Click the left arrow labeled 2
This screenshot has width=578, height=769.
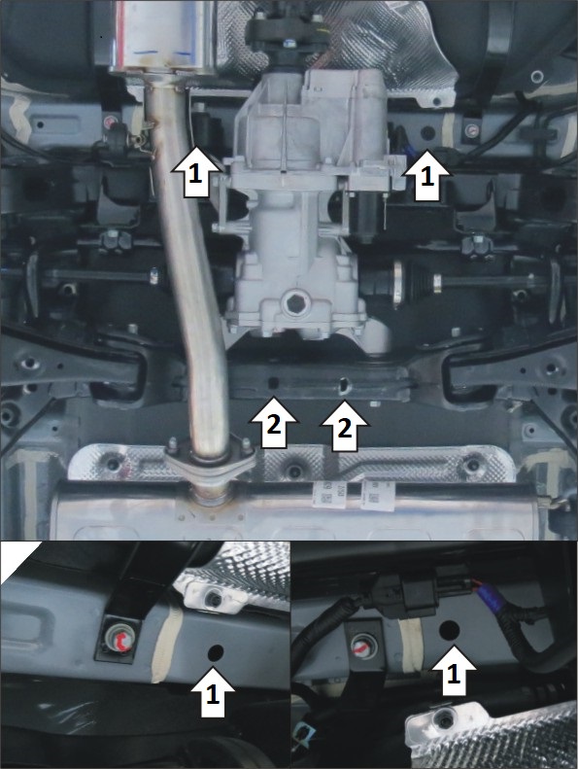(273, 423)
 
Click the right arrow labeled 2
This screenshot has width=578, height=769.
(344, 426)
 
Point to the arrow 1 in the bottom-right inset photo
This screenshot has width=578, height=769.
(454, 671)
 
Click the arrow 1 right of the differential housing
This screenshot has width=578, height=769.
(426, 175)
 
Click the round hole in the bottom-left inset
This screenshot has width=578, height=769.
(216, 652)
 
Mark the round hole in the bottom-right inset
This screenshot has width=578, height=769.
(449, 629)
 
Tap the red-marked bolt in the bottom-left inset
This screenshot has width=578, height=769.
(119, 641)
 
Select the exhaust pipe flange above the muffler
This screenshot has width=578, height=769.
(210, 459)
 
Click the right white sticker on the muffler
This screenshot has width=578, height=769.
(378, 495)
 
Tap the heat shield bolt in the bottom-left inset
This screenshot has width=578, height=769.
(214, 597)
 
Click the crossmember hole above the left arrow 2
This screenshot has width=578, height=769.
(274, 382)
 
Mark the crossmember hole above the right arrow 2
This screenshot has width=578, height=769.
(345, 386)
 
